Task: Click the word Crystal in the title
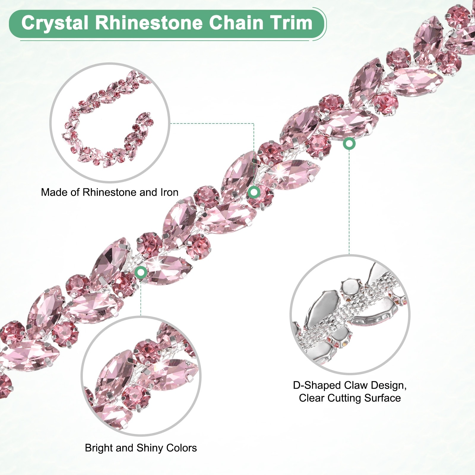pos(55,23)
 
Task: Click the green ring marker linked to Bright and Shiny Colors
pos(141,272)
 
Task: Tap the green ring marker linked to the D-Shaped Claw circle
pos(349,144)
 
